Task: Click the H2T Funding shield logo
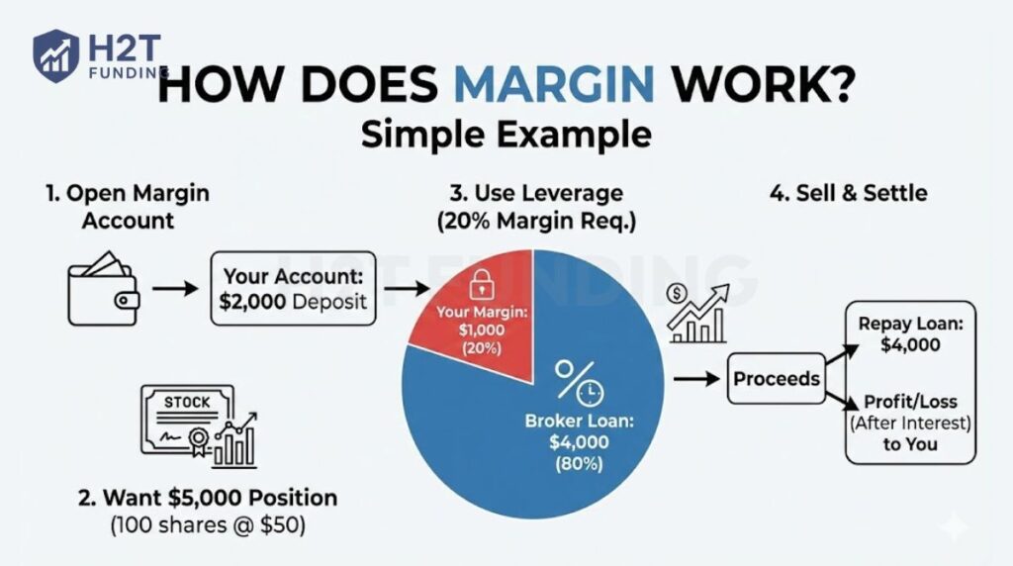(x=55, y=54)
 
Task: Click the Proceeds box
(x=777, y=379)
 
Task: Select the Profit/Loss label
(x=910, y=402)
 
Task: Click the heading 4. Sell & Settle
(x=848, y=192)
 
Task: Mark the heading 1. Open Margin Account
(x=128, y=206)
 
